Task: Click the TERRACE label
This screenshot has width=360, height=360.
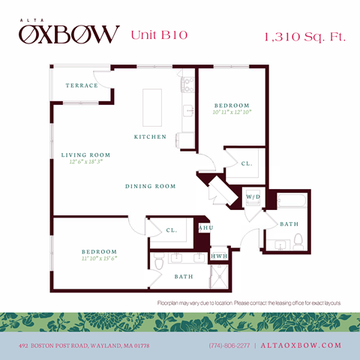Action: [x=81, y=85]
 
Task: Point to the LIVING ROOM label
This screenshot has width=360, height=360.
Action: [x=85, y=155]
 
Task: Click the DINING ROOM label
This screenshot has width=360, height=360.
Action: [x=151, y=186]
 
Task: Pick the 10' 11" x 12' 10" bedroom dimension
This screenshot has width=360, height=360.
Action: [x=231, y=112]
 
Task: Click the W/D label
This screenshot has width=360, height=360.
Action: [x=253, y=196]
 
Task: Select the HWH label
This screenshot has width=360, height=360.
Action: [x=219, y=256]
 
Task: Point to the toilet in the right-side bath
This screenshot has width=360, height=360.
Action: [x=298, y=241]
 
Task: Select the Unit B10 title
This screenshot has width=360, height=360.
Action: [x=159, y=34]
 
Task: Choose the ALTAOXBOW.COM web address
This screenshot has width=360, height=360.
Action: [x=301, y=345]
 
